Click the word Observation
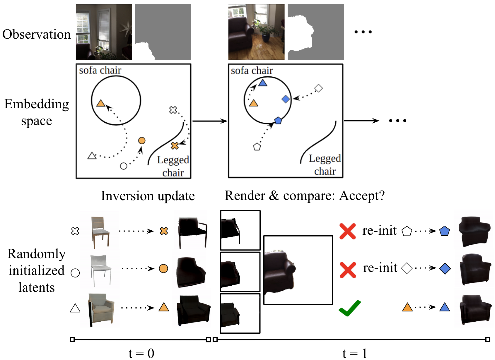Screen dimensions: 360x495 point(36,34)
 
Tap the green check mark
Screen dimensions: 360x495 point(349,308)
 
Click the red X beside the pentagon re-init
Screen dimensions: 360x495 point(348,231)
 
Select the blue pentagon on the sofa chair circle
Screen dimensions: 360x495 point(278,120)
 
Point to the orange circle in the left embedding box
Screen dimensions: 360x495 point(142,141)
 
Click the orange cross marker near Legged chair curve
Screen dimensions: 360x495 point(175,145)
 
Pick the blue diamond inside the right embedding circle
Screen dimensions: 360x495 point(286,99)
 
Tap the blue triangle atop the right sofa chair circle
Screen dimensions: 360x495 point(263,83)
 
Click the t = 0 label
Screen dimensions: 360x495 point(141,353)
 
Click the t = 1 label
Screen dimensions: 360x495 point(355,353)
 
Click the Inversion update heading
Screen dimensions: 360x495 point(148,196)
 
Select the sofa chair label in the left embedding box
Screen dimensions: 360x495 point(100,71)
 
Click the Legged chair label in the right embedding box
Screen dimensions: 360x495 point(325,164)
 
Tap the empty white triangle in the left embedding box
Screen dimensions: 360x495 point(92,156)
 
